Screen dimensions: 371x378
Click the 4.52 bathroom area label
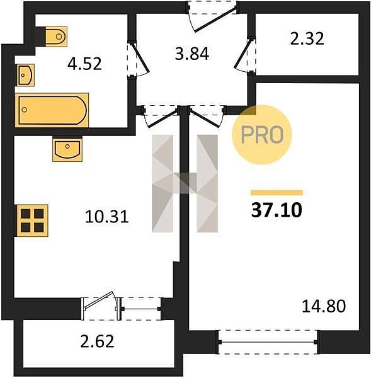click(x=84, y=64)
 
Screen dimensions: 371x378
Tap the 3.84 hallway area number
click(x=192, y=54)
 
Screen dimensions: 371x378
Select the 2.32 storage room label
click(x=307, y=39)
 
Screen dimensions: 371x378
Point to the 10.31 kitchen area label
click(x=106, y=217)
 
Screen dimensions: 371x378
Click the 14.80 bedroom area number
click(x=324, y=306)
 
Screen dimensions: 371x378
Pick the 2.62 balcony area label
click(x=97, y=341)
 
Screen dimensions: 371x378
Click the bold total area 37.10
click(x=277, y=210)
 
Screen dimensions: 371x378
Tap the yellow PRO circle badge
click(x=262, y=135)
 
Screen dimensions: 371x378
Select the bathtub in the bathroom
click(x=52, y=110)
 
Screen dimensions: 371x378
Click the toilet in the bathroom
click(x=56, y=37)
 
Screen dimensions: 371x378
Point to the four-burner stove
click(x=31, y=220)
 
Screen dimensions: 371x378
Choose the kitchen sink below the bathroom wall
click(x=67, y=149)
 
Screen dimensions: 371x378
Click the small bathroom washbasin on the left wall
click(x=25, y=75)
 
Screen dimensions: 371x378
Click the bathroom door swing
click(x=138, y=60)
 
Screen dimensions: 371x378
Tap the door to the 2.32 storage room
click(x=245, y=54)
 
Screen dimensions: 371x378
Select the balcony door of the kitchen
click(x=101, y=306)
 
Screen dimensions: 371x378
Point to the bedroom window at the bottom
click(x=268, y=342)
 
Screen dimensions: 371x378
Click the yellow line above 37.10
click(x=277, y=193)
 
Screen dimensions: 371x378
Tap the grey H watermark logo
click(x=185, y=183)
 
